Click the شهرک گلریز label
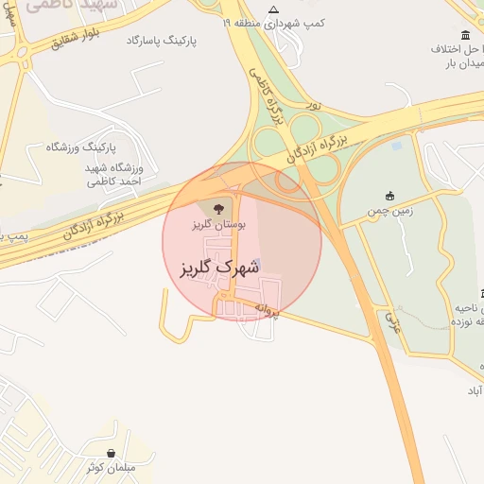coord(219,268)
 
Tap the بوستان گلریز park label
coord(218,225)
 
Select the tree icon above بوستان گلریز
coord(218,208)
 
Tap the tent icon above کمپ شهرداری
coord(274,9)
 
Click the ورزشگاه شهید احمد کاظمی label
coord(113,174)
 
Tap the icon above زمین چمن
coord(389,196)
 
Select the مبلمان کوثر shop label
coord(112,468)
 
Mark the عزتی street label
coord(391,321)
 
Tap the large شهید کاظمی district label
coord(66,6)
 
